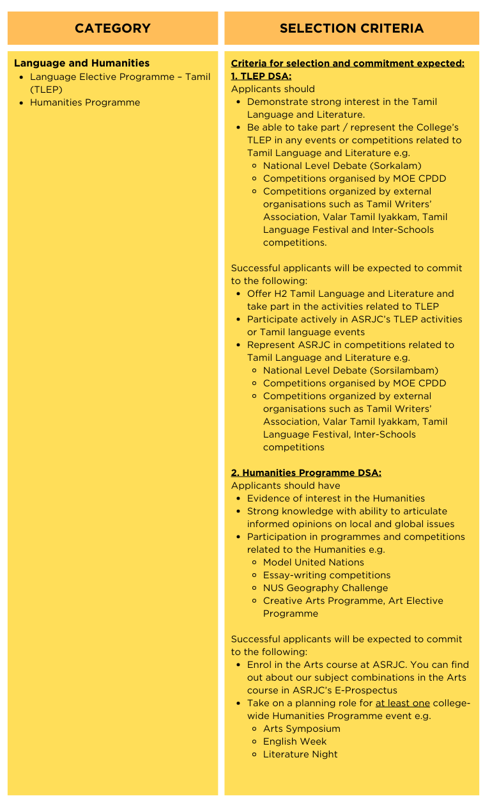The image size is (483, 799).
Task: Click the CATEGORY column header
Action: (x=112, y=28)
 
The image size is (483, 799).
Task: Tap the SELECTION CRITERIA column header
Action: (x=351, y=28)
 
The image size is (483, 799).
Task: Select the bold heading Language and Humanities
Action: (x=82, y=63)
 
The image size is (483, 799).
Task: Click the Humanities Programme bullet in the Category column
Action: (x=85, y=102)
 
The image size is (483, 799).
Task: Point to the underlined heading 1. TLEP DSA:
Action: (x=261, y=76)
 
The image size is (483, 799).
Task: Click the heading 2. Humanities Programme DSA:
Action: (x=306, y=473)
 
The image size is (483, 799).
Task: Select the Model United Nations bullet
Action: (x=313, y=562)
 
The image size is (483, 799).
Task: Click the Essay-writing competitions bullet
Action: (x=326, y=575)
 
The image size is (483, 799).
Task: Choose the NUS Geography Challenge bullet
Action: (x=325, y=588)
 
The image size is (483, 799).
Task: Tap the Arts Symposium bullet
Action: (x=302, y=729)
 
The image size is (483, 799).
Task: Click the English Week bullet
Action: (x=295, y=741)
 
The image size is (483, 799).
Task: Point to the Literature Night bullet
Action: (x=300, y=754)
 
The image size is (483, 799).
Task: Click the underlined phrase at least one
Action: (x=402, y=703)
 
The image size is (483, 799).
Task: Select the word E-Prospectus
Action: (x=366, y=690)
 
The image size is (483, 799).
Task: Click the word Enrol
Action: (x=259, y=665)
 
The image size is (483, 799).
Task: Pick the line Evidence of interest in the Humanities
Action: (x=336, y=498)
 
